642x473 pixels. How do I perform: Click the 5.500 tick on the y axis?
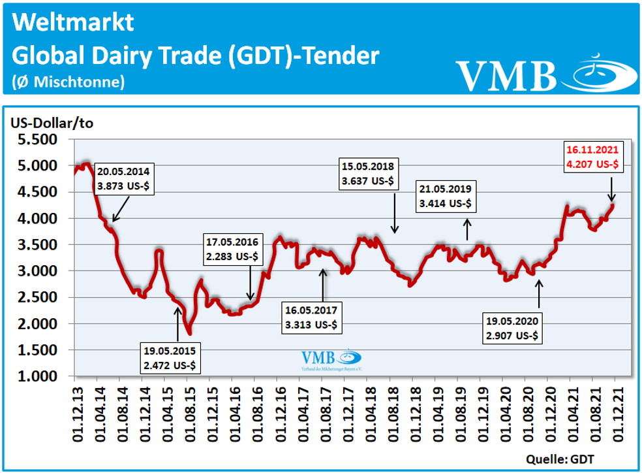click(38, 139)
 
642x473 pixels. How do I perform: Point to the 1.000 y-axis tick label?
click(38, 377)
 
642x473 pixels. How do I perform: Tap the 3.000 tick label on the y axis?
click(38, 271)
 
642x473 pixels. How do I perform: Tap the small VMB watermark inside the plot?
click(330, 360)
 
